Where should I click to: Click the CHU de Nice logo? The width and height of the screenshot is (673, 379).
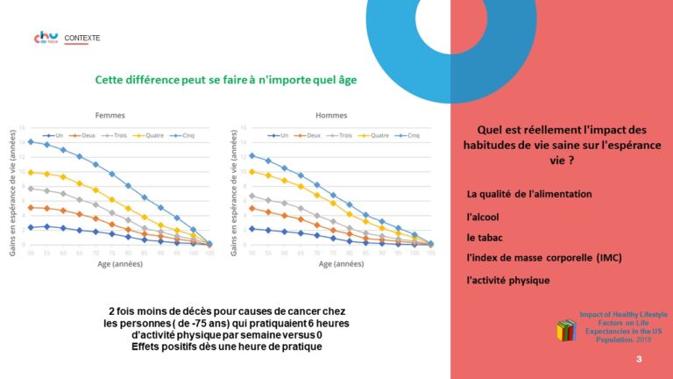pyautogui.click(x=46, y=39)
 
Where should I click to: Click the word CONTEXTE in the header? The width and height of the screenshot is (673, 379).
pyautogui.click(x=82, y=39)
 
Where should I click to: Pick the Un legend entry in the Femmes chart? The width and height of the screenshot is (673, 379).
pyautogui.click(x=55, y=136)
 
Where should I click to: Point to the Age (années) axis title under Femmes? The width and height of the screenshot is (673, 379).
pyautogui.click(x=117, y=263)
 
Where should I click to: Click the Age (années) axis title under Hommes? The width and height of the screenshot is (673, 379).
pyautogui.click(x=337, y=263)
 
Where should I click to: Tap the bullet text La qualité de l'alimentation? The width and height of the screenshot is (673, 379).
pyautogui.click(x=529, y=194)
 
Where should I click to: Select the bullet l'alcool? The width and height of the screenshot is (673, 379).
pyautogui.click(x=485, y=215)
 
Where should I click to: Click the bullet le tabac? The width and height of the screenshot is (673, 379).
pyautogui.click(x=485, y=237)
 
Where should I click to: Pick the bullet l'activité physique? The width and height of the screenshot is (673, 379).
pyautogui.click(x=508, y=280)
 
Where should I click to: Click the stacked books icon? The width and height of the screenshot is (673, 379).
pyautogui.click(x=565, y=331)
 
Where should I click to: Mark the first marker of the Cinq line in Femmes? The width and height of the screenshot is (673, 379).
pyautogui.click(x=31, y=141)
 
